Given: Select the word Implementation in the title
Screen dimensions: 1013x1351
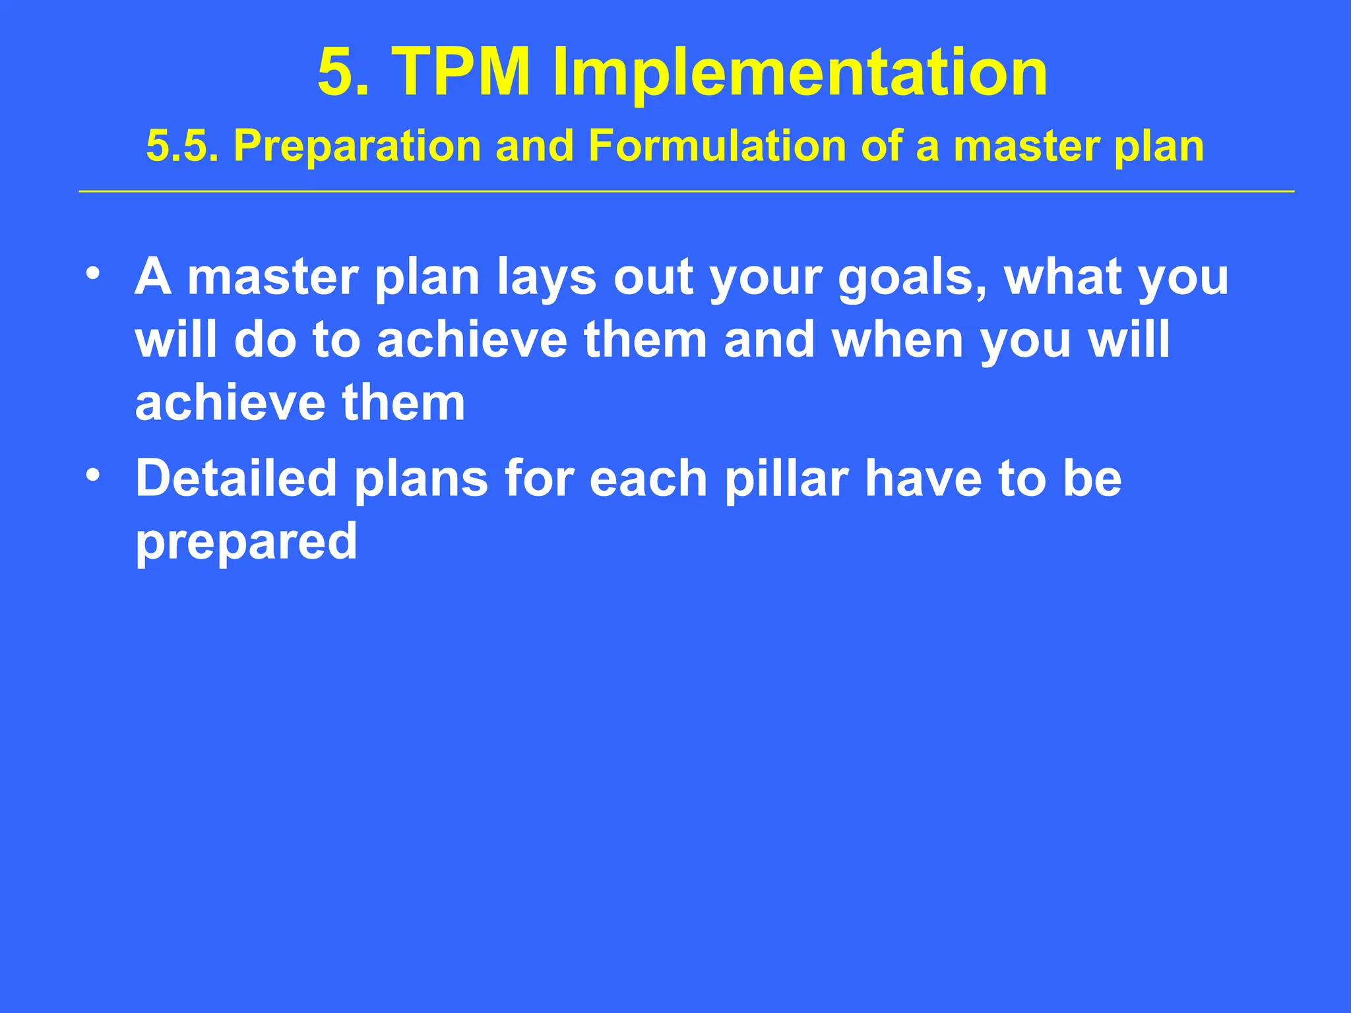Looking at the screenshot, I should coord(800,74).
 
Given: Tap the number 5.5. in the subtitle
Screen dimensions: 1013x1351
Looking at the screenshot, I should coord(182,146).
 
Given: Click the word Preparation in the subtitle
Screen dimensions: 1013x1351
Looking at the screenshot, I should coord(357,146).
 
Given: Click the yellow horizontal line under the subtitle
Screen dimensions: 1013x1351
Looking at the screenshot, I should coord(686,191).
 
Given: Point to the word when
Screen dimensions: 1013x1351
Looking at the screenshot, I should coord(898,340).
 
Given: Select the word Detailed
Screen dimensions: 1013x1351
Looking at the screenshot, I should coord(236,478).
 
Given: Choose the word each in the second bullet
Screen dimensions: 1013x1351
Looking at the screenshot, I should coord(648,478).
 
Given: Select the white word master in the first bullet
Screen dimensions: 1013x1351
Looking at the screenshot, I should coord(273,277).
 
